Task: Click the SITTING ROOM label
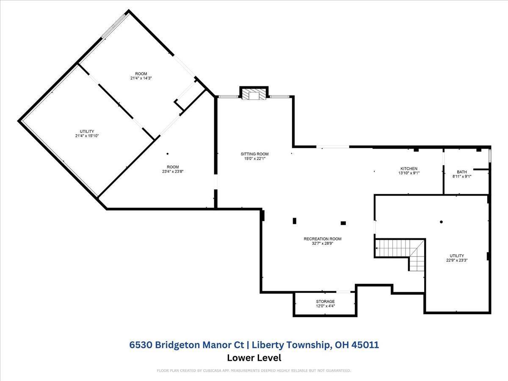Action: (254, 154)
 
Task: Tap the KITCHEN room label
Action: (409, 168)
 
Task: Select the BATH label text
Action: (462, 172)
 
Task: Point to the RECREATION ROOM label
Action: (322, 239)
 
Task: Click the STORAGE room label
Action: (325, 301)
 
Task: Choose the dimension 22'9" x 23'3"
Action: (457, 261)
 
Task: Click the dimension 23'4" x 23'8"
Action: (173, 171)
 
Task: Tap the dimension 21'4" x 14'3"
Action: (141, 78)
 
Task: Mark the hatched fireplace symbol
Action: (254, 95)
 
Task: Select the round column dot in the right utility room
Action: (441, 222)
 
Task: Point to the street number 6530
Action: (141, 345)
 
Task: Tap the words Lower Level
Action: (254, 358)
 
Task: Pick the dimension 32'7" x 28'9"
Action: (322, 243)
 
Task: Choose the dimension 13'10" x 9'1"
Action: (409, 173)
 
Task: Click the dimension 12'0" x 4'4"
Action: (325, 306)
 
